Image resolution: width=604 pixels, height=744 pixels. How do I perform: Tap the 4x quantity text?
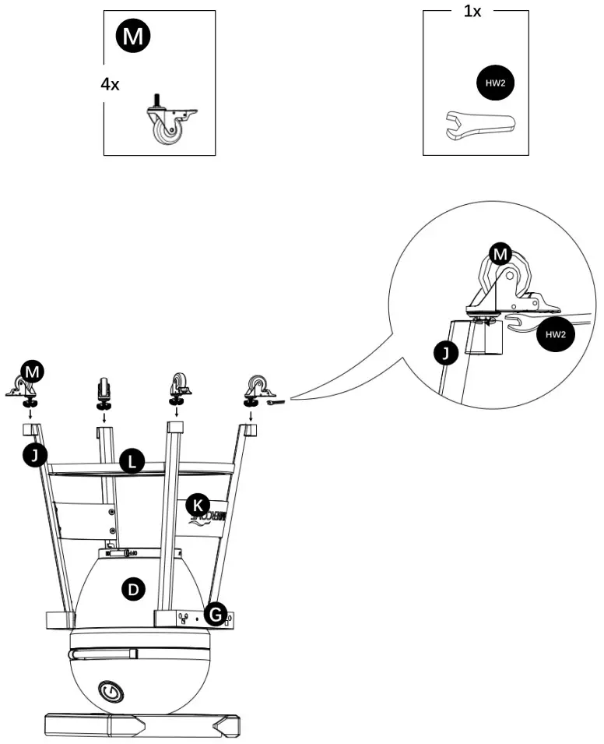click(110, 84)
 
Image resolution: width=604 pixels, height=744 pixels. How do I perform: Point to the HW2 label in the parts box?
click(495, 83)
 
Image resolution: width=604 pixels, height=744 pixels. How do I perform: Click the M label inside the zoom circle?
click(500, 253)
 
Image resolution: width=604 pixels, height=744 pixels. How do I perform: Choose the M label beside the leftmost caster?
click(31, 372)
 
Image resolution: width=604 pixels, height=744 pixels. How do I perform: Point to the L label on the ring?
click(132, 463)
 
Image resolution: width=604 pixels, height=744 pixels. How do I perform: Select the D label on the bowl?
click(134, 590)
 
